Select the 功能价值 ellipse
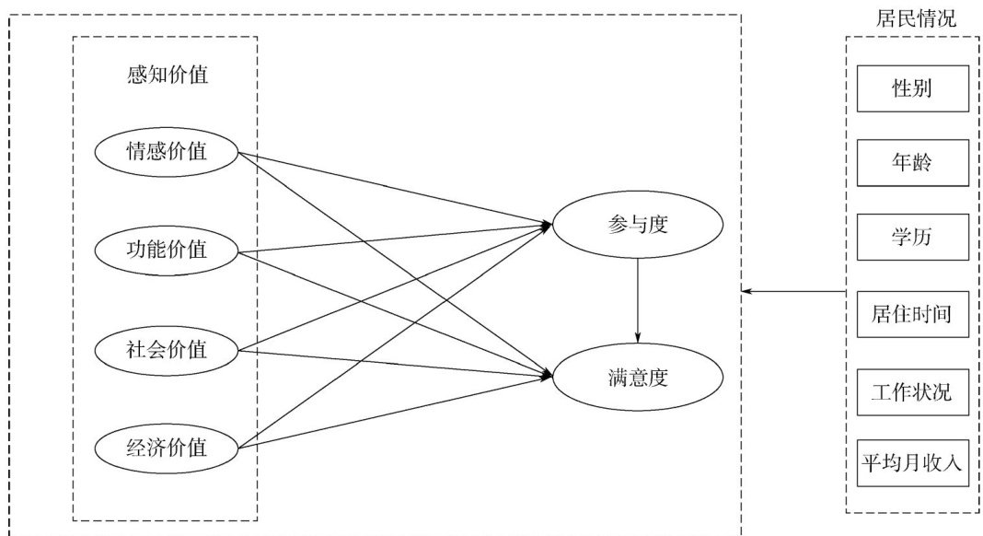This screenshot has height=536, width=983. click(x=167, y=250)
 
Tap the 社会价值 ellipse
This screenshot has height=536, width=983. click(x=167, y=349)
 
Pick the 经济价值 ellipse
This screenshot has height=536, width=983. click(x=167, y=448)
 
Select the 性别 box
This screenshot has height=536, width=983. click(x=912, y=88)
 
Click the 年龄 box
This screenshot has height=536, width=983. click(x=912, y=163)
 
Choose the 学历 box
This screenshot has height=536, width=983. click(x=912, y=238)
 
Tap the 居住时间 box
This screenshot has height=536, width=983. click(x=912, y=315)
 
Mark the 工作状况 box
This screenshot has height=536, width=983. click(x=912, y=393)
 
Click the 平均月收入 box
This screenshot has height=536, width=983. click(x=912, y=463)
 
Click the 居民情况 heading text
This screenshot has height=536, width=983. click(x=912, y=17)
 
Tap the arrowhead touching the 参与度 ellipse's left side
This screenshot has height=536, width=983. click(x=546, y=225)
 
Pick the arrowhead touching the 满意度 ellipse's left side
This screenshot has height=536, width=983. click(x=547, y=375)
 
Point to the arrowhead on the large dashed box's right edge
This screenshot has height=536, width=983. click(x=747, y=291)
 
